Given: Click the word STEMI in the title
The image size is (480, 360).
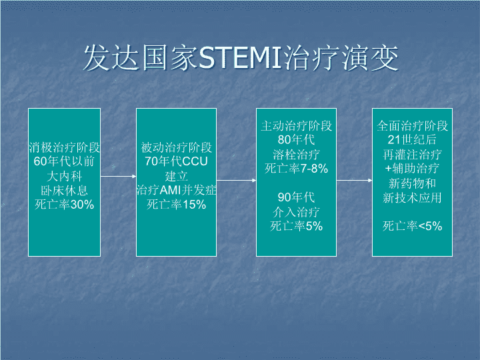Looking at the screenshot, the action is coord(240,57).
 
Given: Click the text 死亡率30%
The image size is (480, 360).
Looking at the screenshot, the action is coord(64,205).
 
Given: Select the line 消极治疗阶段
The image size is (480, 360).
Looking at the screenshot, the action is coord(64,147).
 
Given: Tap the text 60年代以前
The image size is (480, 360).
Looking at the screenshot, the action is coord(64,161).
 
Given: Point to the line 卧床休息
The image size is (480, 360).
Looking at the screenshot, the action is coord(64,191).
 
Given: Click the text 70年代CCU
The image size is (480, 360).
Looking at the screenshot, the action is coord(176,161).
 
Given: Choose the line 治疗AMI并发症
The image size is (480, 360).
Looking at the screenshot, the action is coord(176,190).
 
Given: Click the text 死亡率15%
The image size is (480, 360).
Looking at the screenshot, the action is coord(176,205).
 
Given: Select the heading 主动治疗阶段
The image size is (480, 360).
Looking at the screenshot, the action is coord(296,126).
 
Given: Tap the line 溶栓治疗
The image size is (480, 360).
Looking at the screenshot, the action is coord(296,154).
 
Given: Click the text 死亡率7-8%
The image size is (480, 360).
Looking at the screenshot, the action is coord(296,169).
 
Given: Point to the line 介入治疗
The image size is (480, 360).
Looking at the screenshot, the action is coord(296,211).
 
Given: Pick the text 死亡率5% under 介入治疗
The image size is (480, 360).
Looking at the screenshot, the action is coord(296,226).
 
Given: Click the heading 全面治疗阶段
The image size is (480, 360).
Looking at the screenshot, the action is coord(413,126).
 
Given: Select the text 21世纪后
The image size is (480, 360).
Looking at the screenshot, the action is coord(413,140).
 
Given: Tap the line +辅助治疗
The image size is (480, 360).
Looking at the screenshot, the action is coord(413,169).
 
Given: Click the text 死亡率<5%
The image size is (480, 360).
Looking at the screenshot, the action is coord(413,226).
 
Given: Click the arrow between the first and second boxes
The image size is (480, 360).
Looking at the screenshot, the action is coord(119,176).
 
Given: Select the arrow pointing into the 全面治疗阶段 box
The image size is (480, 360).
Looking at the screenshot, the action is coord(355,180).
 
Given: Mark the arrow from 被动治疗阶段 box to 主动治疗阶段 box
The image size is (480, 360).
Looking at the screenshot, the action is coord(236,180).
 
